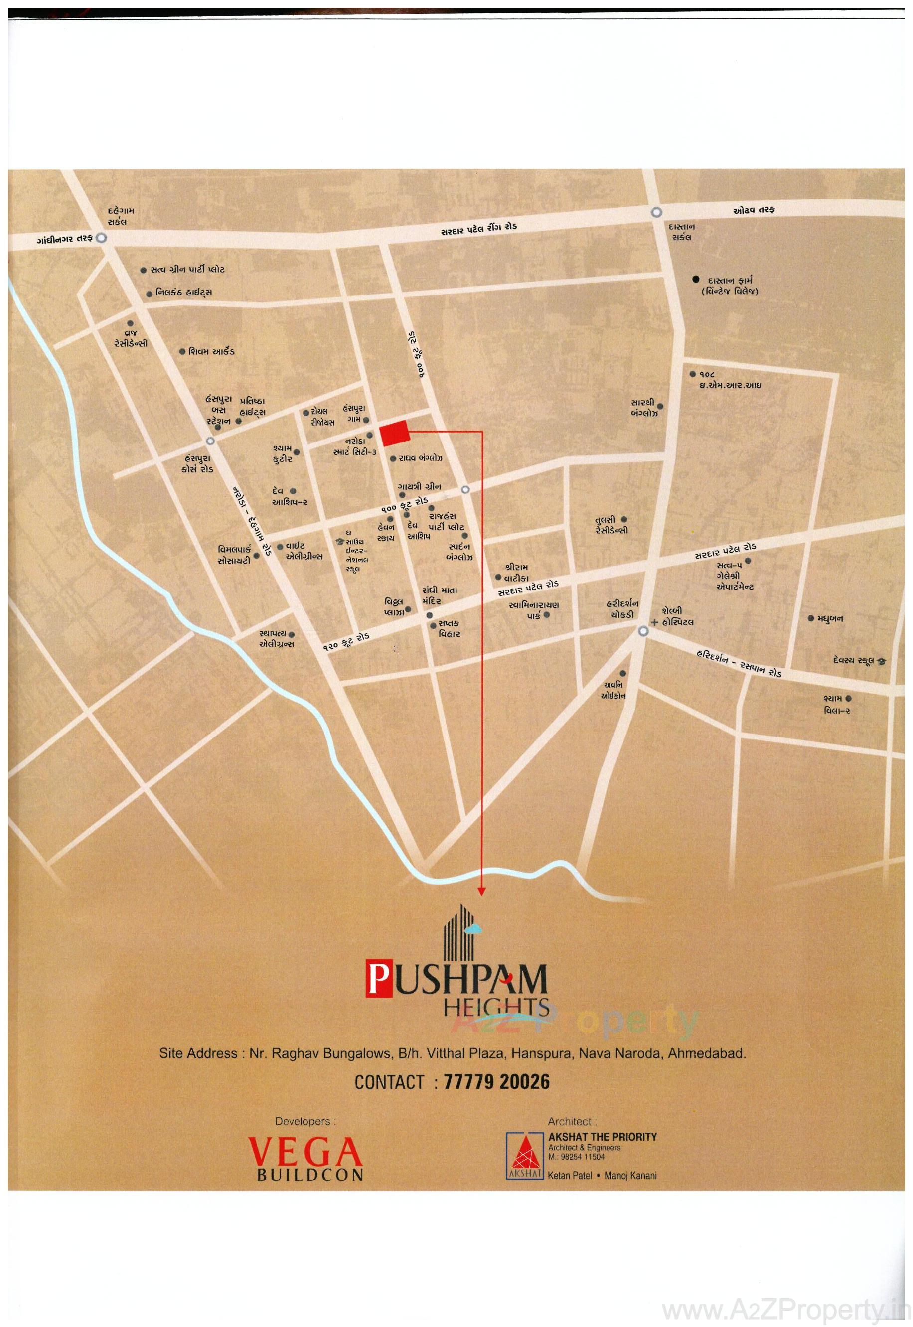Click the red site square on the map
coord(395,433)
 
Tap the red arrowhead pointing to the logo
coord(482,891)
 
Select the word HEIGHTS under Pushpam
coord(496,1006)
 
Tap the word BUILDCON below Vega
coord(310,1175)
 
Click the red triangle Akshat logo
coord(524,1157)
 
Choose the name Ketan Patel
coord(570,1176)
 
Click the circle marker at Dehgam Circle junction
coord(101,238)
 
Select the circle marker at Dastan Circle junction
coord(656,212)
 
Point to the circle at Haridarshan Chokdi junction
coord(643,631)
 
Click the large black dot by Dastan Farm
coord(696,280)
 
